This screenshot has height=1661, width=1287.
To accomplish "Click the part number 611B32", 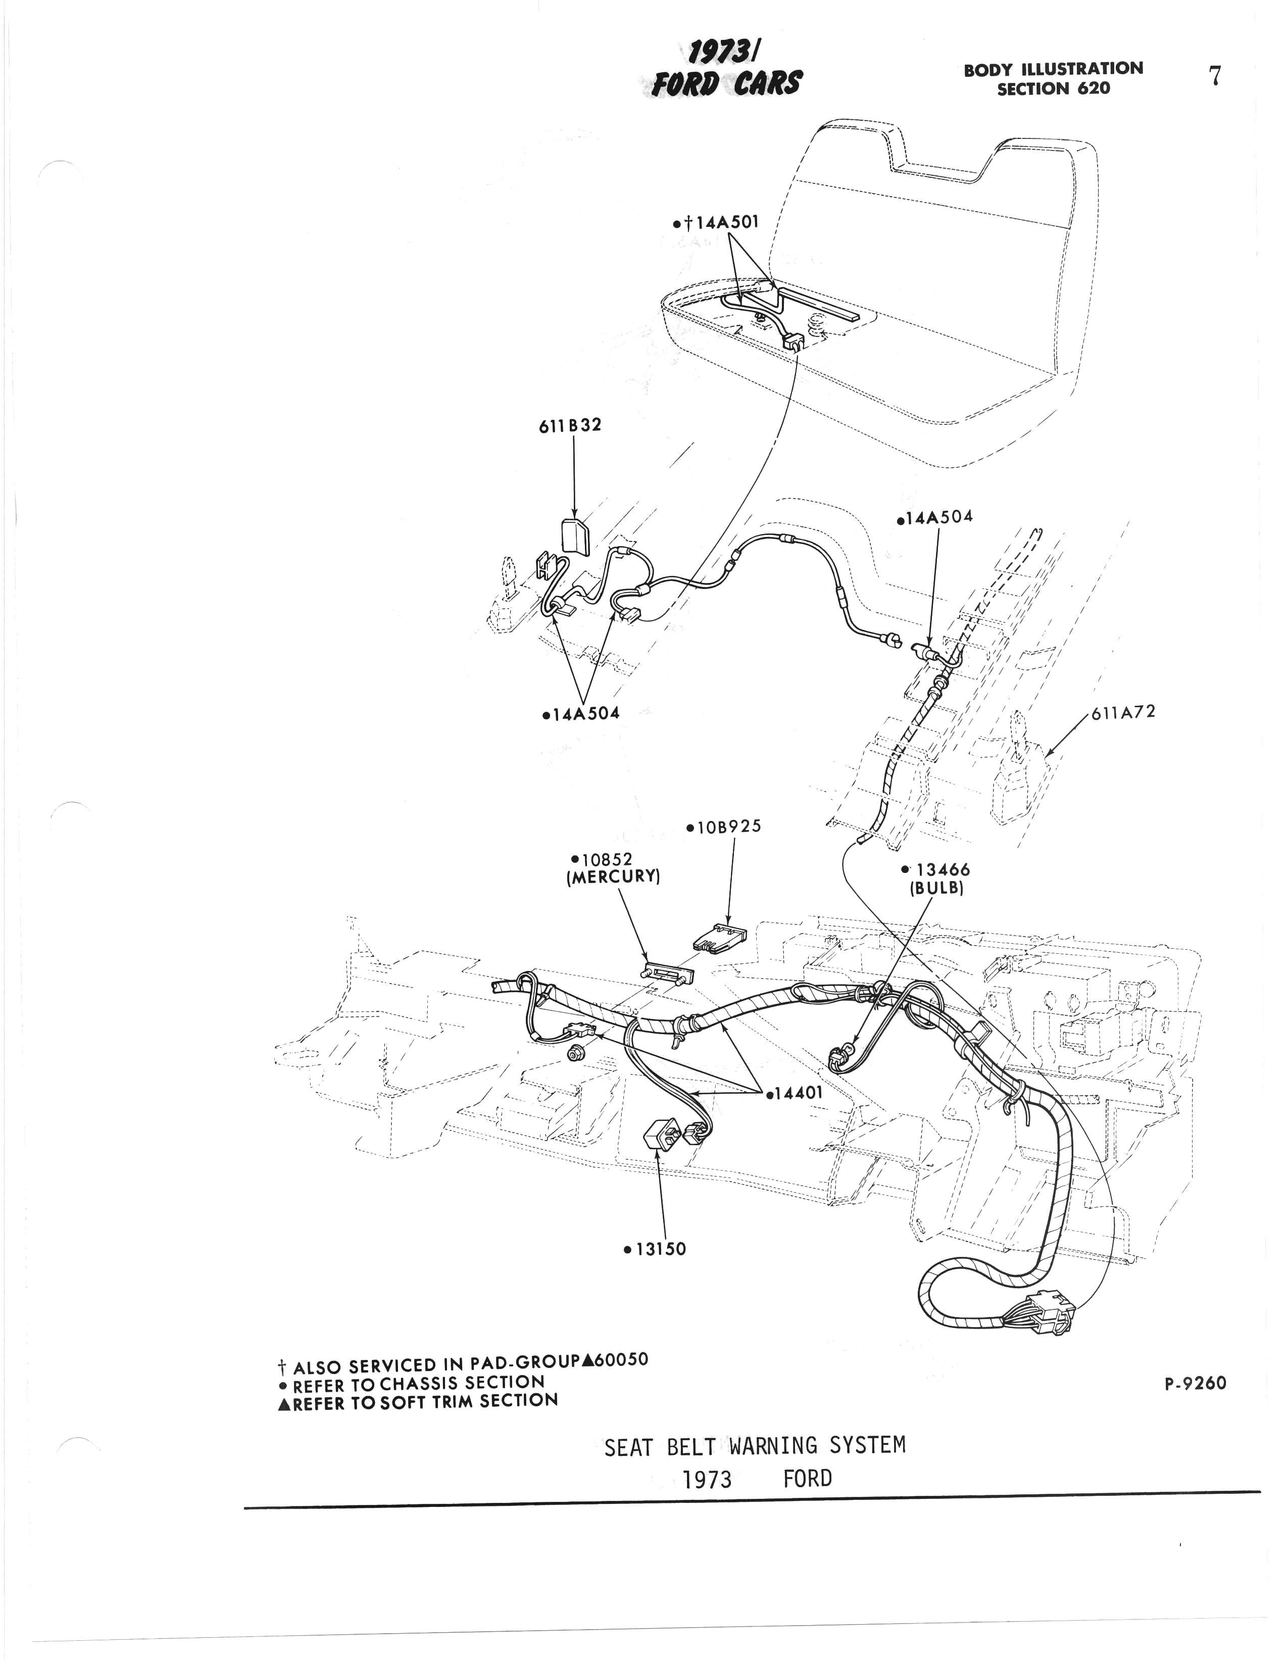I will pyautogui.click(x=570, y=425).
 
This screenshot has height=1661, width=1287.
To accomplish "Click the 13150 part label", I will pyautogui.click(x=658, y=1249).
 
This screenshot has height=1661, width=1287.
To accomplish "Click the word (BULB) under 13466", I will pyautogui.click(x=936, y=888).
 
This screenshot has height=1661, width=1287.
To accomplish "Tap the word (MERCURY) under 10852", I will pyautogui.click(x=612, y=876).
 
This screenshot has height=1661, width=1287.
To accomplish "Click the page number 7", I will pyautogui.click(x=1215, y=76).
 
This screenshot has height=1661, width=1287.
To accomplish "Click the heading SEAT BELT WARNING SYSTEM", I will pyautogui.click(x=755, y=1446).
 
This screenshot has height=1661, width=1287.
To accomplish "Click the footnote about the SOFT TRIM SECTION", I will pyautogui.click(x=418, y=1401).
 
